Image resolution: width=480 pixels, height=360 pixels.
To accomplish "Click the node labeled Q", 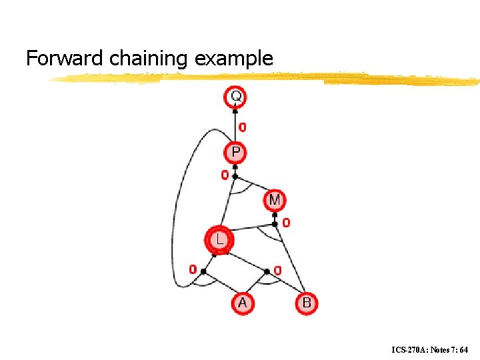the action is pos(235,97).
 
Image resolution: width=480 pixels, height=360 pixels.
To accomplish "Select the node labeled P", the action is pos(235,153).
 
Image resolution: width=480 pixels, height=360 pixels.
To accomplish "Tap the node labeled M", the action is pos(275,199).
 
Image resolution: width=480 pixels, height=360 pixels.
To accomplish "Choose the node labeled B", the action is pos(306,303).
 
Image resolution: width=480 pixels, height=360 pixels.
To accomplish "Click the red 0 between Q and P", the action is pos(243,126).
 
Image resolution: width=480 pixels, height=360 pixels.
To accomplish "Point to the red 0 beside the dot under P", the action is pos(225,175).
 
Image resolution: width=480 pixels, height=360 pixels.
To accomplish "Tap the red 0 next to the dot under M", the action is pos(286,223).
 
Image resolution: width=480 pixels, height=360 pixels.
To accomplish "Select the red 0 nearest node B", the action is pos(277,270).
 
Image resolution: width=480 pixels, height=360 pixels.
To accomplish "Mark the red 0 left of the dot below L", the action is pos(193,270).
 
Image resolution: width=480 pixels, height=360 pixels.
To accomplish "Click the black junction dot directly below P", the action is pos(235,177).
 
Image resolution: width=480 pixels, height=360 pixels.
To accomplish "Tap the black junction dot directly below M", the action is pos(275,224).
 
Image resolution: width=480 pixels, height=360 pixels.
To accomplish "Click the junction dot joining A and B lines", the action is pos(267,271).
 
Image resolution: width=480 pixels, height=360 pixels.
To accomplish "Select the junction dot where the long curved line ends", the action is pos(203,271).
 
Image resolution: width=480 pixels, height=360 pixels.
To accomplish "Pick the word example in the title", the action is pos(234,59).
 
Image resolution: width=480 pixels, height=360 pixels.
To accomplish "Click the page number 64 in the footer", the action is pos(463,349).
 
